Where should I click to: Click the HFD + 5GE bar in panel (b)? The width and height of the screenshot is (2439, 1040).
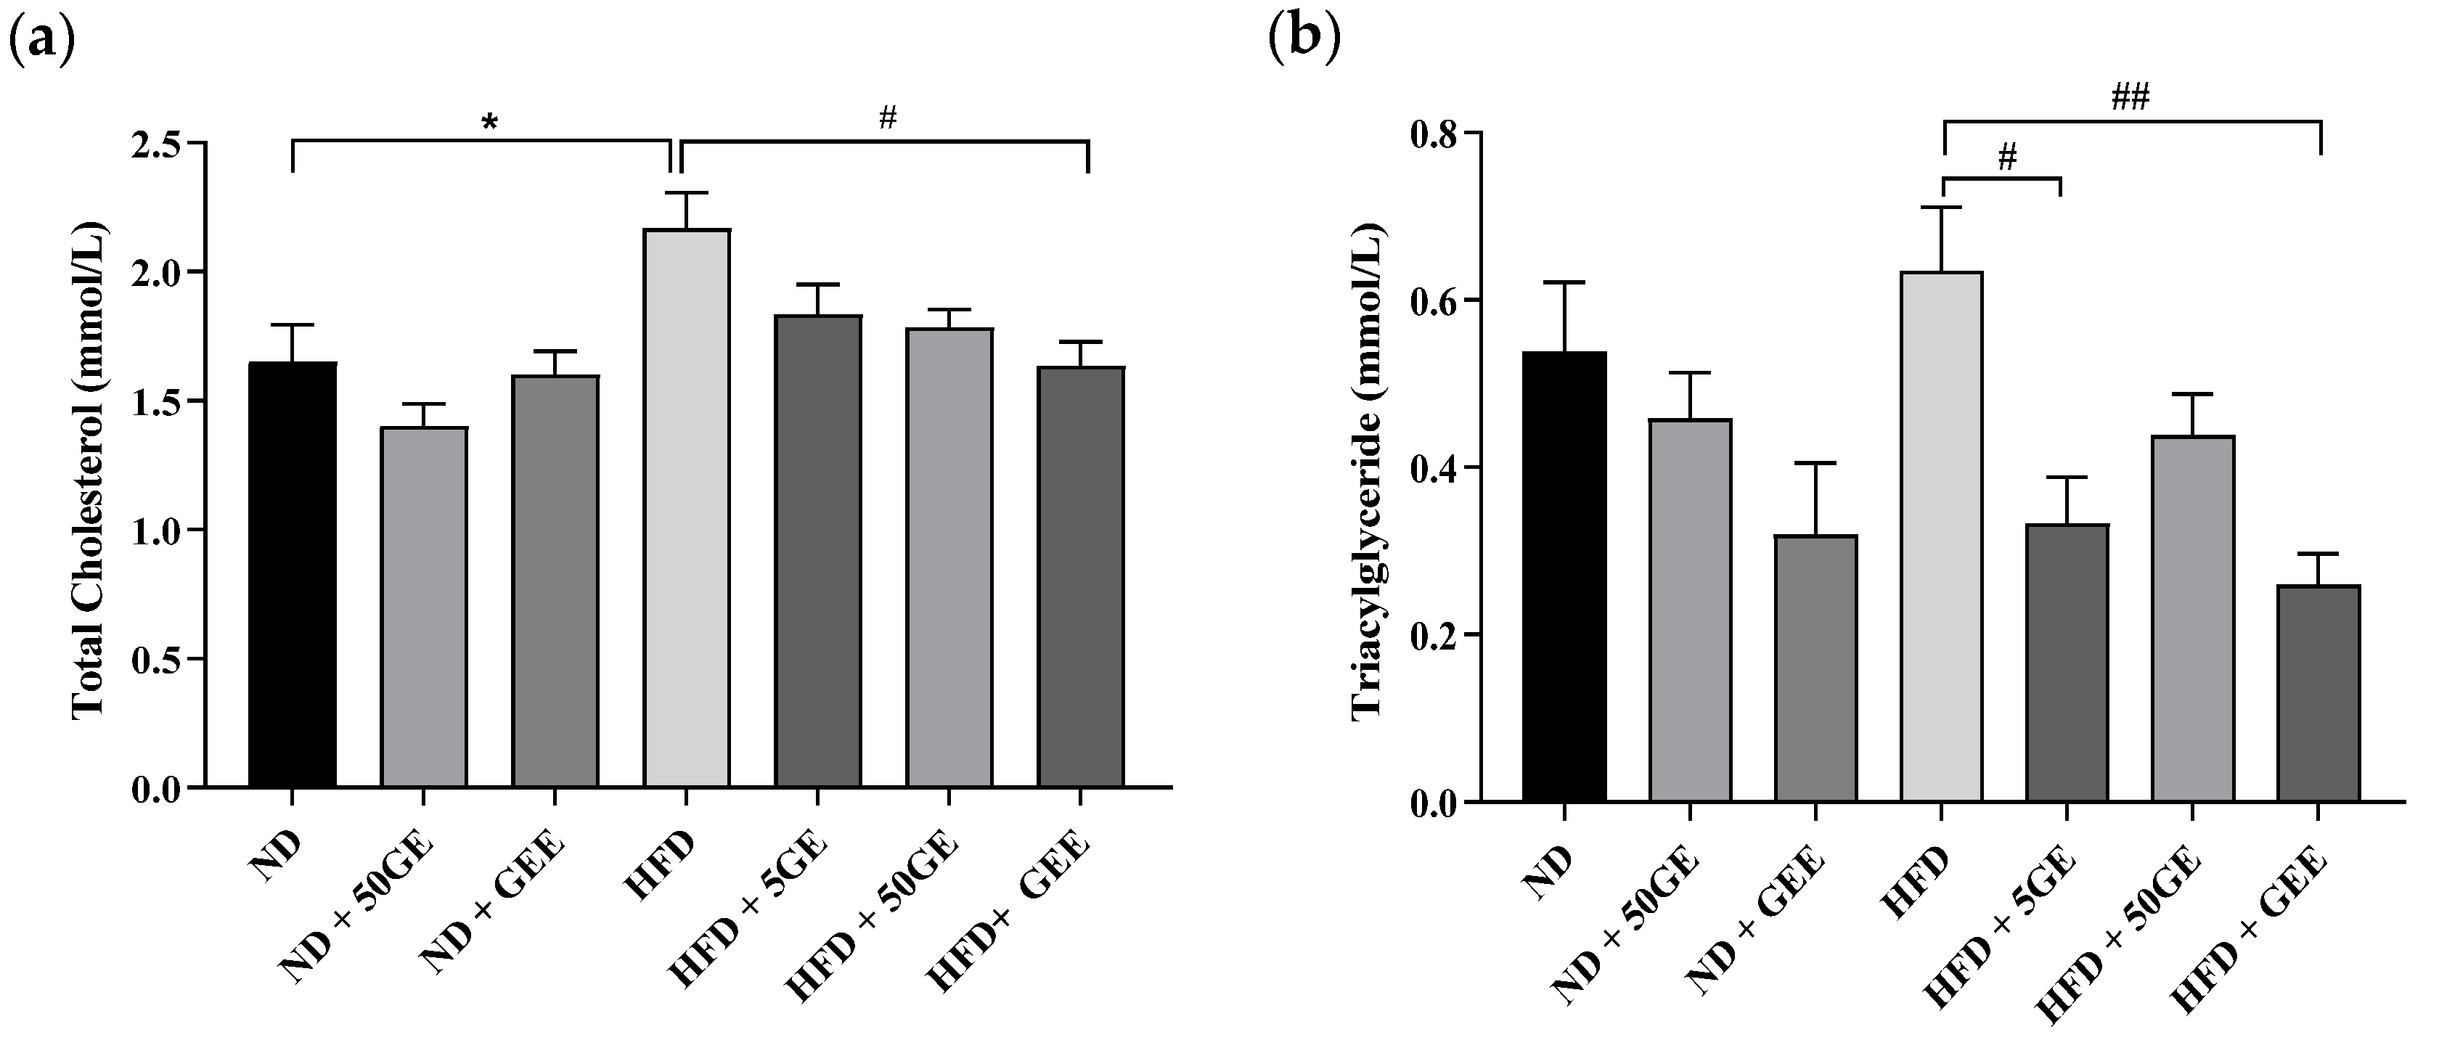[2067, 663]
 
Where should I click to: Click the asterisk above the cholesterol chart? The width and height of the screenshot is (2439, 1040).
[489, 122]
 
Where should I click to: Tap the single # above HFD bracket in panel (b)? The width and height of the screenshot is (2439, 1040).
[2006, 158]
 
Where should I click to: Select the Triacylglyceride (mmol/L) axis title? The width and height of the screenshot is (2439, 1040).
[1366, 470]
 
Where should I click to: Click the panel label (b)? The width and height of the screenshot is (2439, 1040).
[1304, 43]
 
